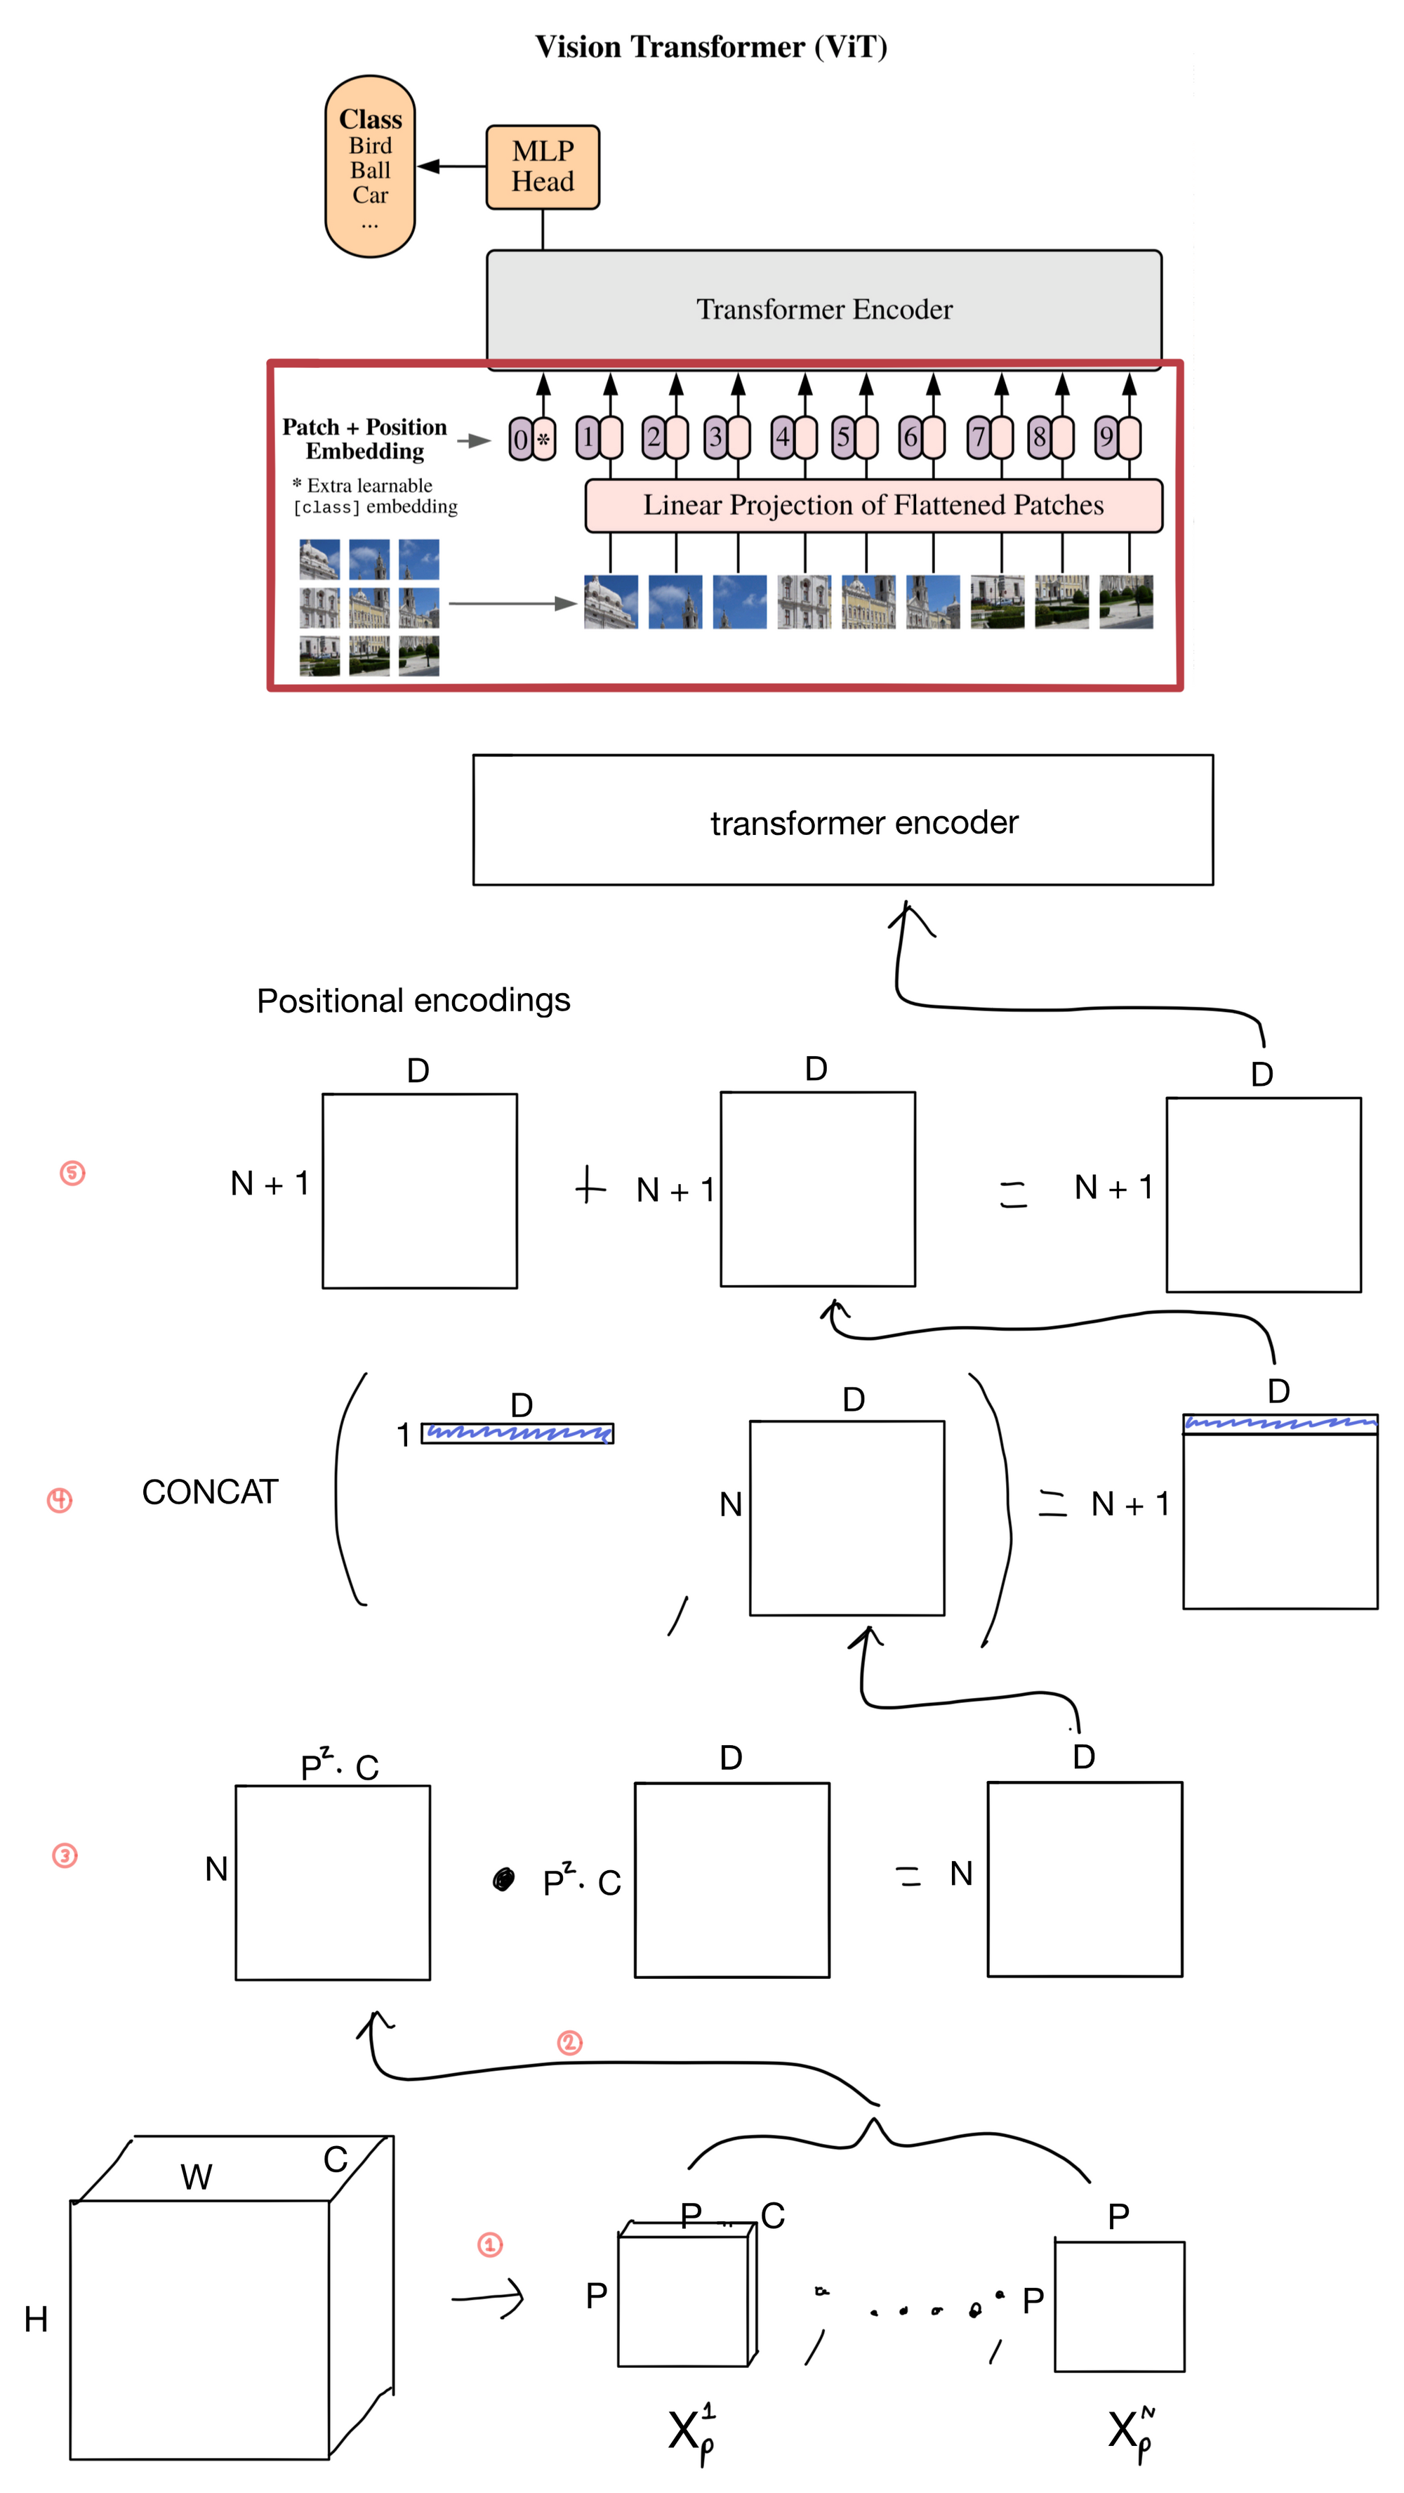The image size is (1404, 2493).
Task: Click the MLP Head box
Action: [x=542, y=166]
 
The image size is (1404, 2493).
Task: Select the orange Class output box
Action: [x=370, y=166]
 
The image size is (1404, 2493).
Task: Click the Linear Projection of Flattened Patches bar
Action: [x=873, y=505]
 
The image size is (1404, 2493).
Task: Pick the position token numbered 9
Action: [x=1106, y=438]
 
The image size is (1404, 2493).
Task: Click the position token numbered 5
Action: [x=844, y=438]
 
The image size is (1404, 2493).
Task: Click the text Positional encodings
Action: [x=413, y=1000]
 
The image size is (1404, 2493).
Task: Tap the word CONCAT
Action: [x=210, y=1492]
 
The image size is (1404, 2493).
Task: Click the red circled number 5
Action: [x=72, y=1173]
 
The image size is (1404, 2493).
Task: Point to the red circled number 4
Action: [x=60, y=1499]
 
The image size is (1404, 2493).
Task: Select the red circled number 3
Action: [x=65, y=1855]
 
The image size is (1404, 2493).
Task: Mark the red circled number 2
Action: [x=569, y=2042]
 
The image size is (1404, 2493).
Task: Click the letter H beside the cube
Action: [x=36, y=2319]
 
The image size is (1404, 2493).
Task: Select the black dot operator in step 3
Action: [x=503, y=1879]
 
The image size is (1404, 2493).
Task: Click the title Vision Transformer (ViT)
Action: [x=711, y=46]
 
